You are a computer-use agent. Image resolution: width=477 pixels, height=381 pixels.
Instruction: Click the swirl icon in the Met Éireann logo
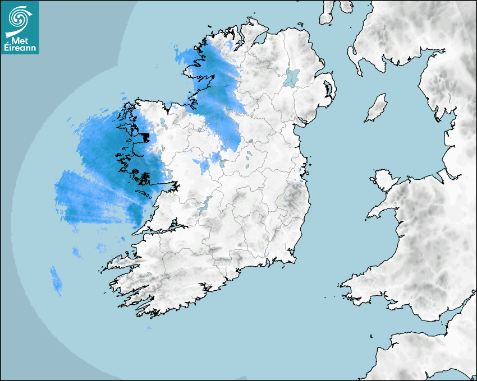click(x=19, y=19)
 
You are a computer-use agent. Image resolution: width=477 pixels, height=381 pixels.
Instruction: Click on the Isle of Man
click(x=377, y=108)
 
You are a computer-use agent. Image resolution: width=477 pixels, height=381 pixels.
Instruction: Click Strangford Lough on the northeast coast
click(x=328, y=89)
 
